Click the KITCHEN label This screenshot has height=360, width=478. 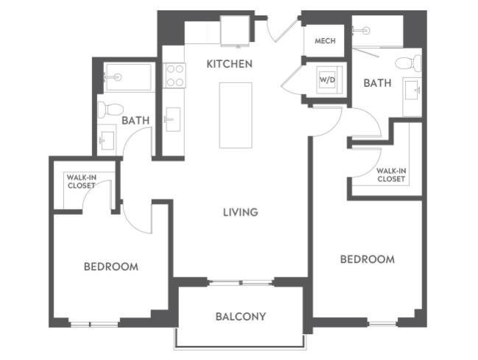[x=229, y=64]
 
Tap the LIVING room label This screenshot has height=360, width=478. [x=241, y=212]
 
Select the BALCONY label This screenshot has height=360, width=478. [x=240, y=317]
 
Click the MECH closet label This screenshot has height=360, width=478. [x=325, y=41]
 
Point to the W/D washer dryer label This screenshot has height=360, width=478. [x=326, y=80]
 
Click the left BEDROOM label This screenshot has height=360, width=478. [x=110, y=267]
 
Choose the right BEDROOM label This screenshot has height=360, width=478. [x=367, y=259]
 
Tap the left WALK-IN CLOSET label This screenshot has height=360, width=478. [x=81, y=181]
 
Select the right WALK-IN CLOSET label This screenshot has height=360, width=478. [x=391, y=174]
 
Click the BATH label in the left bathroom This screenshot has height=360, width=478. [x=136, y=120]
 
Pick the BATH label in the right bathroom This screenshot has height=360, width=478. [x=377, y=83]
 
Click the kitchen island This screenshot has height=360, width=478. [x=235, y=115]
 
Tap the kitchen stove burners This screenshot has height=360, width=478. [x=175, y=74]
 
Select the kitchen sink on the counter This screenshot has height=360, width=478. [x=172, y=119]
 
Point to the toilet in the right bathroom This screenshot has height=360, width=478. [x=407, y=63]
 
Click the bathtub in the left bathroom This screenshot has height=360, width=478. [x=128, y=77]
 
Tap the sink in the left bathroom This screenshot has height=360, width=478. [x=107, y=139]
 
